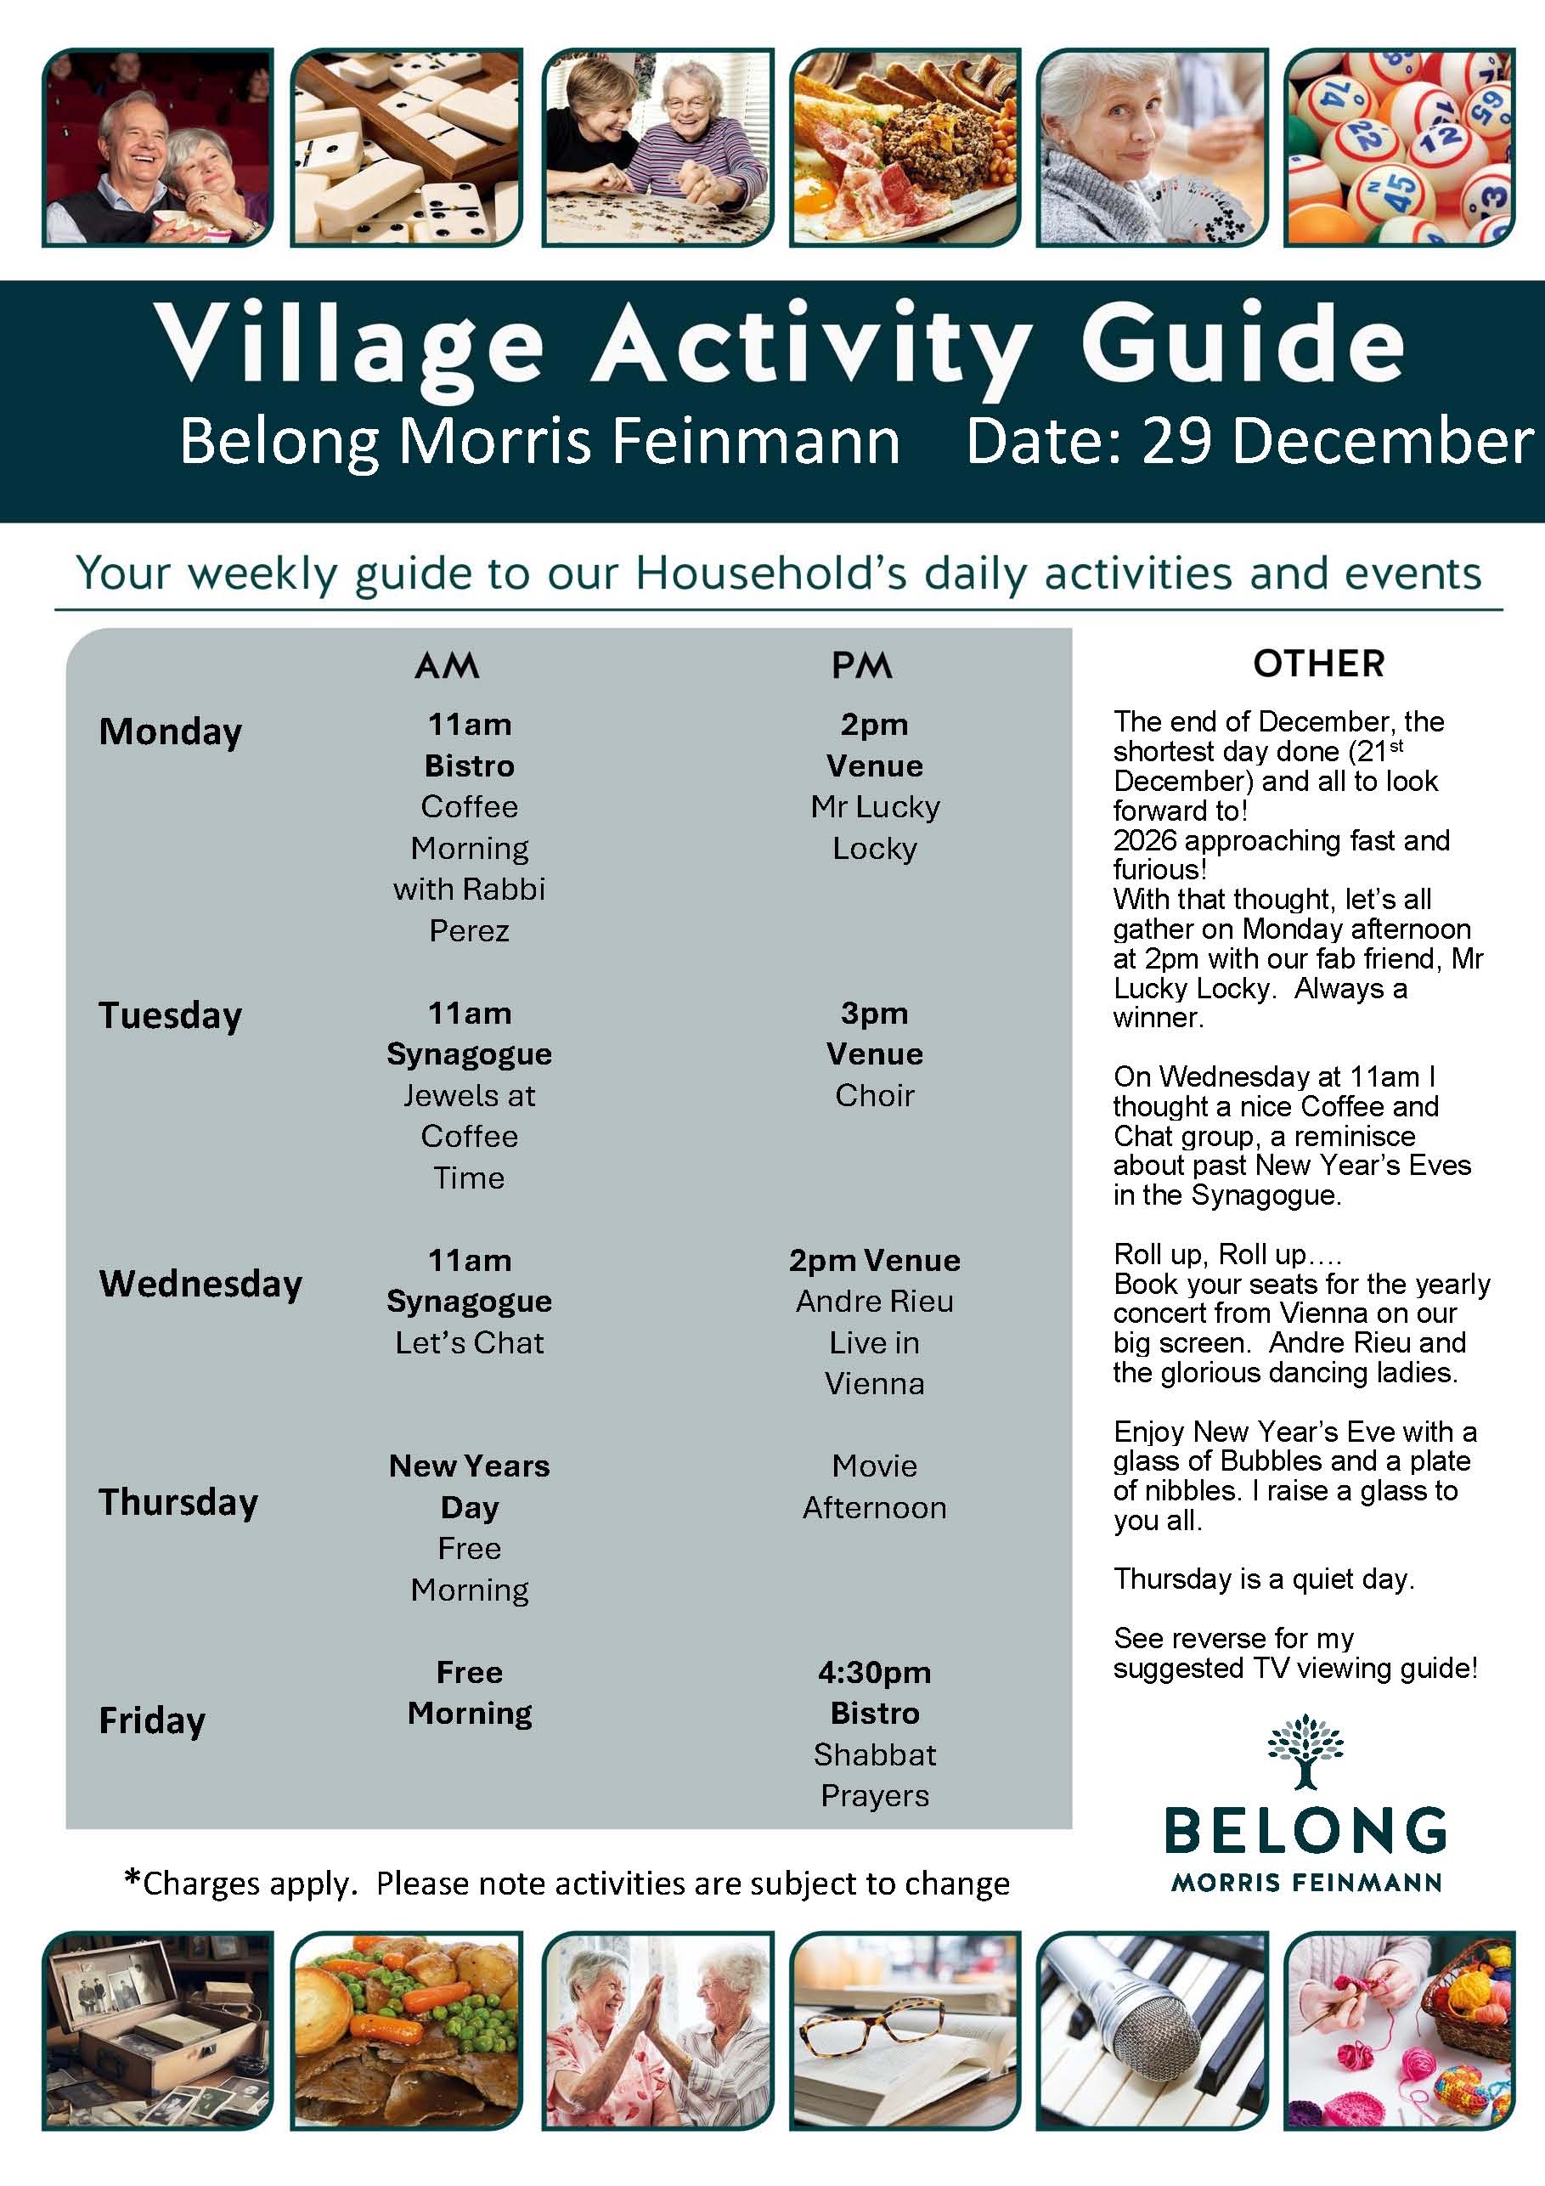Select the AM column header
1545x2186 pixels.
pos(447,665)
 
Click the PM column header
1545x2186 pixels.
pos(861,665)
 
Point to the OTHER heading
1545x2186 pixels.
pos(1318,664)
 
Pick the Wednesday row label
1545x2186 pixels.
pos(200,1284)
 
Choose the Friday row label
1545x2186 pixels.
pos(152,1720)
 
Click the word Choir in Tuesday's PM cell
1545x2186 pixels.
pos(874,1095)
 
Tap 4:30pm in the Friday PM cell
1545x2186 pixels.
pos(874,1672)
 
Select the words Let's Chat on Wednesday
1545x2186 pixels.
pos(470,1342)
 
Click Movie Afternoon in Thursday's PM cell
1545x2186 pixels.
pos(874,1486)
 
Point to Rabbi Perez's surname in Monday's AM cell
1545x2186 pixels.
pos(470,930)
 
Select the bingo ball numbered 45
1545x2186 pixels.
pos(1394,189)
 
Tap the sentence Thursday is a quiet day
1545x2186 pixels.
pos(1263,1579)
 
